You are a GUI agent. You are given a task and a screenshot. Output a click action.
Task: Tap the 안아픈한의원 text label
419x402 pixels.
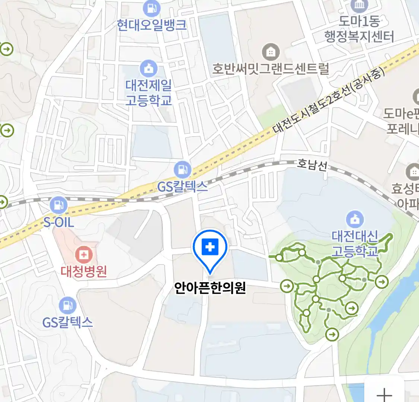(210, 288)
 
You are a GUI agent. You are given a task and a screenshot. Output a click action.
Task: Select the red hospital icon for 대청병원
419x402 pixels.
(84, 255)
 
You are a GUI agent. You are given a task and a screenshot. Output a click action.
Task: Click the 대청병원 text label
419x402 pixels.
(84, 271)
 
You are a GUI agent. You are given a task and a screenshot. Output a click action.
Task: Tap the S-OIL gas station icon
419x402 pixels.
(58, 205)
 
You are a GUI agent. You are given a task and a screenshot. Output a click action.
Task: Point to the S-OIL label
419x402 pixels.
(58, 222)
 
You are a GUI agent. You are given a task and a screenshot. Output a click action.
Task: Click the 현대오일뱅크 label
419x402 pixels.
(152, 25)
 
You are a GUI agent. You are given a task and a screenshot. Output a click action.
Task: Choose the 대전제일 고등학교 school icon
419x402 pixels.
(149, 68)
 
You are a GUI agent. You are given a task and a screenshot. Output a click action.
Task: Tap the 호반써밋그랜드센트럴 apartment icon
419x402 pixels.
(271, 52)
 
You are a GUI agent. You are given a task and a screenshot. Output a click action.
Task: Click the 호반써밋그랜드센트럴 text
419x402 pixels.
(271, 69)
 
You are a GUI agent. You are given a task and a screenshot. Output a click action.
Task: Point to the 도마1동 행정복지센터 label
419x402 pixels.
(359, 29)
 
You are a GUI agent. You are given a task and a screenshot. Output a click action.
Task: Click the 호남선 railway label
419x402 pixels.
(312, 165)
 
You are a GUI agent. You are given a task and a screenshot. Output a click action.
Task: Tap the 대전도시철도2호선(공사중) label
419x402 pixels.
(328, 100)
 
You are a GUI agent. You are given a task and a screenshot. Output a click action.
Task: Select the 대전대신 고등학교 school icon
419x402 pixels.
(355, 219)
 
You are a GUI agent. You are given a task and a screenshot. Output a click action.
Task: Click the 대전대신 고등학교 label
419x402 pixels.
(355, 243)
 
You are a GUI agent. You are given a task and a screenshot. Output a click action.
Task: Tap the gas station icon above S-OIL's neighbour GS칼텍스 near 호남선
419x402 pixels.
(182, 170)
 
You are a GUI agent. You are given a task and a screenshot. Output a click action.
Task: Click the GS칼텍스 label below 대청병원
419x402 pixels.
(67, 322)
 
